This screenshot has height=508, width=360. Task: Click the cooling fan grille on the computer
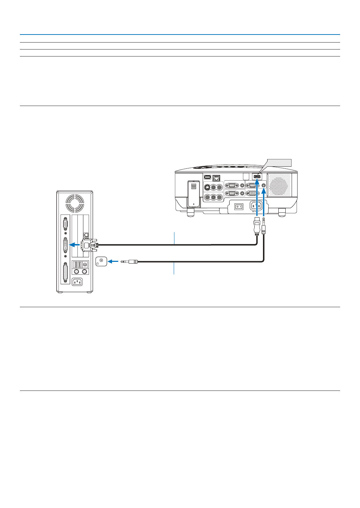tap(75, 203)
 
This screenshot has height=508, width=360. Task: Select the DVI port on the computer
tap(65, 245)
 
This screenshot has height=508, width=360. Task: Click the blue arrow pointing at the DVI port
tap(74, 245)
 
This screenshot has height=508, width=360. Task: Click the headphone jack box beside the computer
tap(101, 261)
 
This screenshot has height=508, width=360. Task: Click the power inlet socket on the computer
tap(77, 282)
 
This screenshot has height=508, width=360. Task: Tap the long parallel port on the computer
tap(65, 272)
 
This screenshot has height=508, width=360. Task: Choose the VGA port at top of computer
tap(65, 225)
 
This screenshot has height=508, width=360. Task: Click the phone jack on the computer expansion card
tap(87, 235)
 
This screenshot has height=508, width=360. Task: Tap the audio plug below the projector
tap(263, 227)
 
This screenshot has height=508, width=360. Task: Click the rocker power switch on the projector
tap(239, 207)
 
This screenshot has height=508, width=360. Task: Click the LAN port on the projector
tap(216, 178)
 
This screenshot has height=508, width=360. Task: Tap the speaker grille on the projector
tap(279, 185)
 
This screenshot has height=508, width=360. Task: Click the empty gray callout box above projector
tap(279, 162)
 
